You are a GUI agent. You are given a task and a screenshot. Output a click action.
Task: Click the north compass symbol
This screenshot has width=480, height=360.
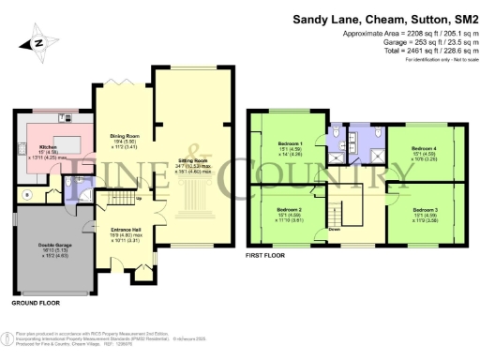(37, 42)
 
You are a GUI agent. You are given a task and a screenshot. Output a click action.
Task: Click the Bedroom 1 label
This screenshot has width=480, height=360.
(288, 144)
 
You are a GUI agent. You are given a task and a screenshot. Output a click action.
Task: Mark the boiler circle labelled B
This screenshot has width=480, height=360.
(26, 195)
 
